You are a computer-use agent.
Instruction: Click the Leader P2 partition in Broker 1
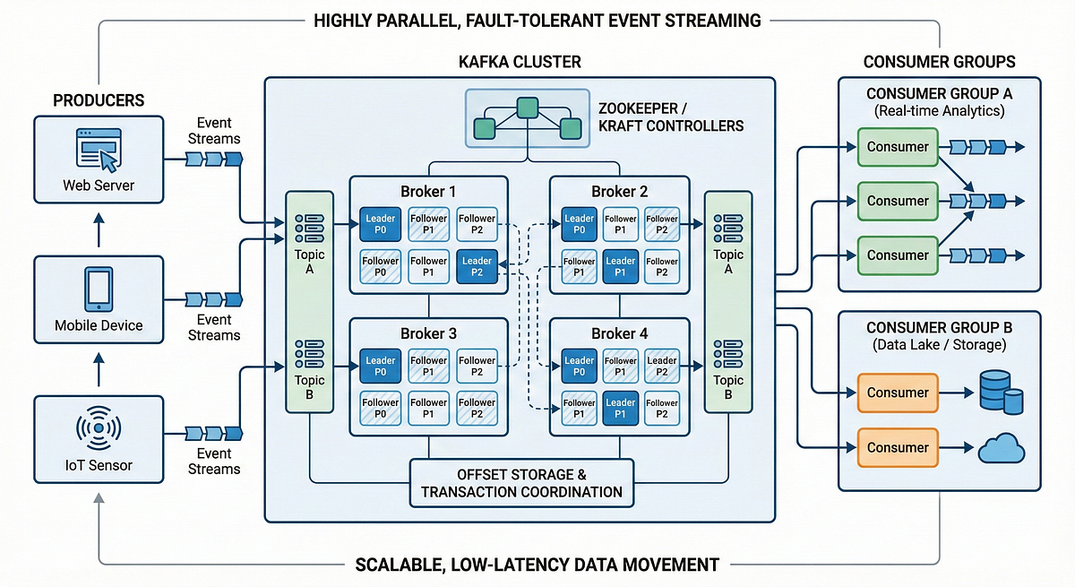tap(477, 266)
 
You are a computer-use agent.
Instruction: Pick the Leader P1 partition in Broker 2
tap(620, 266)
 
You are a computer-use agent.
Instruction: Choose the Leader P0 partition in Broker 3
tap(381, 367)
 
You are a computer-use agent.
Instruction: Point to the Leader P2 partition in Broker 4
tap(662, 367)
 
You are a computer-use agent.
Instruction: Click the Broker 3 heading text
tap(428, 333)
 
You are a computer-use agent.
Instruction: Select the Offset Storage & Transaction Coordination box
tap(521, 482)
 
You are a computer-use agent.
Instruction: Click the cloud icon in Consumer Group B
tap(1001, 449)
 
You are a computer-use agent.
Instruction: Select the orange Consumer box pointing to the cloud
tap(898, 447)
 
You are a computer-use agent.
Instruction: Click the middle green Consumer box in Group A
tap(898, 201)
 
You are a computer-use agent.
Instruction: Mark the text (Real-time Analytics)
tap(939, 111)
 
